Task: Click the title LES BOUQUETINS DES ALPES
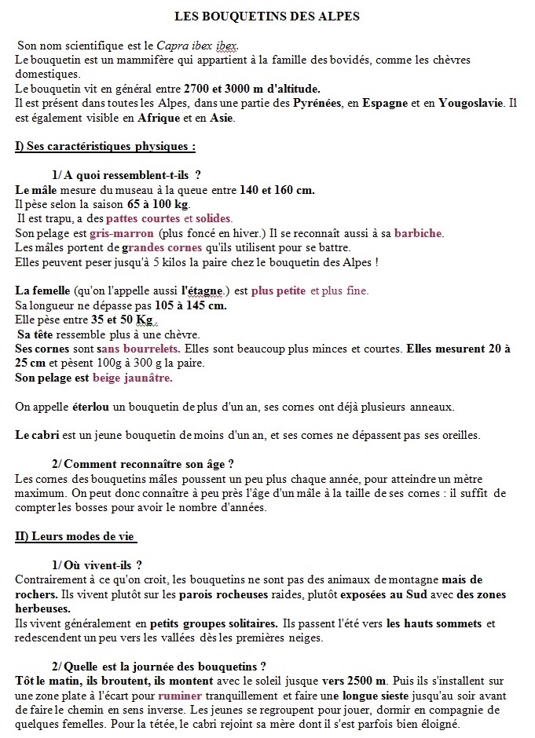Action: (267, 16)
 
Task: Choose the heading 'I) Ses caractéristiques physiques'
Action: (104, 147)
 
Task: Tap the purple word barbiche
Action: (419, 233)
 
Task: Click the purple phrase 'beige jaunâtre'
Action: (132, 378)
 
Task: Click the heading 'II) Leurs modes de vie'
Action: (75, 536)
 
